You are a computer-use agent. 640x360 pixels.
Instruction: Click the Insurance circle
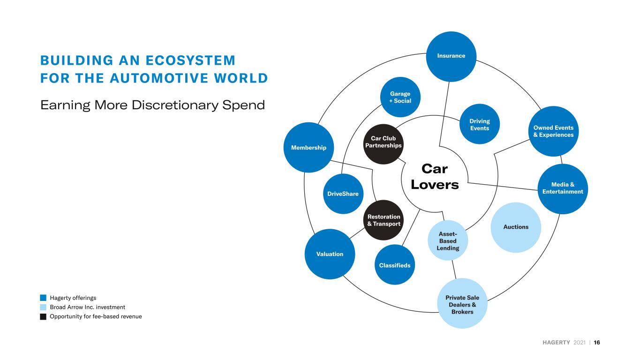coord(451,57)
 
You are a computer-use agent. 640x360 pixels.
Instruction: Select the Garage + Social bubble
coord(400,97)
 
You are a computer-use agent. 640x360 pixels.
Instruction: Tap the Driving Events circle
coord(480,124)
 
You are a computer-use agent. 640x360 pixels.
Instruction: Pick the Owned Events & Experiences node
coord(554,131)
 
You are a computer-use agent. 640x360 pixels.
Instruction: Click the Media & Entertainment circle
coord(563,189)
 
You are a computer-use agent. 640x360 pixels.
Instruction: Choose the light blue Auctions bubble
coord(516,227)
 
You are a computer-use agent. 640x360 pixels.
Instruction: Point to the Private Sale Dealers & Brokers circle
coord(462,303)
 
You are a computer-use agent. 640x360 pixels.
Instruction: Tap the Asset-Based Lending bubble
coord(448,240)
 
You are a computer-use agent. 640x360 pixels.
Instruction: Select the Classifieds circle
coord(395,264)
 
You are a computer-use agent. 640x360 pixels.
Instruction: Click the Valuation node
coord(330,254)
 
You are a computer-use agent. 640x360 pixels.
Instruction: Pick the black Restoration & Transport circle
coord(384,220)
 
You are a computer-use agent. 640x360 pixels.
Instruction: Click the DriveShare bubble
coord(343,194)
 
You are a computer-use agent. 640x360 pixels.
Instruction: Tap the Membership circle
coord(309,148)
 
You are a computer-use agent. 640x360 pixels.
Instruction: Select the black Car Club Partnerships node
coord(384,144)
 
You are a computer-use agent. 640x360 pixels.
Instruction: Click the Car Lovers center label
coord(435,177)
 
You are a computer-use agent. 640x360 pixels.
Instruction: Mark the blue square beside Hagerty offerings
coord(43,298)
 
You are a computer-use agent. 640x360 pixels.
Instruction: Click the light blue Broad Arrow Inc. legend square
coord(43,307)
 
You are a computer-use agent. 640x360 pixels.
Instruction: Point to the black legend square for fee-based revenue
coord(43,316)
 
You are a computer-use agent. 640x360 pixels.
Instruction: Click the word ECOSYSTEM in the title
coord(190,60)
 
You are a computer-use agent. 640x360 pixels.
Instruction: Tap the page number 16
coord(597,342)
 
